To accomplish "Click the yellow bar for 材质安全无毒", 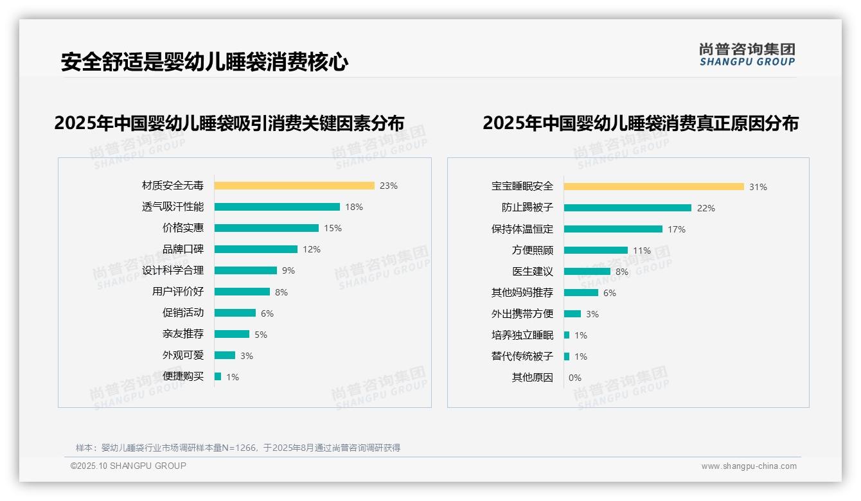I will (x=294, y=186).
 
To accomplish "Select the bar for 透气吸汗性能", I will (x=277, y=207).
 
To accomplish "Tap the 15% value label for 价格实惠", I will (x=333, y=228).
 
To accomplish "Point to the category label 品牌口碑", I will (x=183, y=249).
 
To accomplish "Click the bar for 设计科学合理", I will (x=245, y=270).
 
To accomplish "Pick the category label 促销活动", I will (x=183, y=313).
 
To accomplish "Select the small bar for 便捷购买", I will (x=218, y=376).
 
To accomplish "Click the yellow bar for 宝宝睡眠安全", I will (x=654, y=187).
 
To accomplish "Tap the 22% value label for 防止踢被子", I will (x=706, y=208).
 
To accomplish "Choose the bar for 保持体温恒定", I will (x=613, y=229).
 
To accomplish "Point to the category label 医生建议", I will (x=533, y=272).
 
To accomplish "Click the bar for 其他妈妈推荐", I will (x=581, y=293).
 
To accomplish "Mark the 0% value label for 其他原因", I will (x=574, y=378).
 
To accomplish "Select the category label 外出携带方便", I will (x=522, y=314).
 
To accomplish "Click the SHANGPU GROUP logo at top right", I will (x=747, y=55).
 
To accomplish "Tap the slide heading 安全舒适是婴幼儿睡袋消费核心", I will (x=204, y=62).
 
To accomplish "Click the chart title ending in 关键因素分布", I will (x=229, y=123).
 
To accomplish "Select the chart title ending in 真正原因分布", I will (x=640, y=123).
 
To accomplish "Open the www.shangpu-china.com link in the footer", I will (x=749, y=466).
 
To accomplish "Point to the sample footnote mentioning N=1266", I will (x=238, y=448).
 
